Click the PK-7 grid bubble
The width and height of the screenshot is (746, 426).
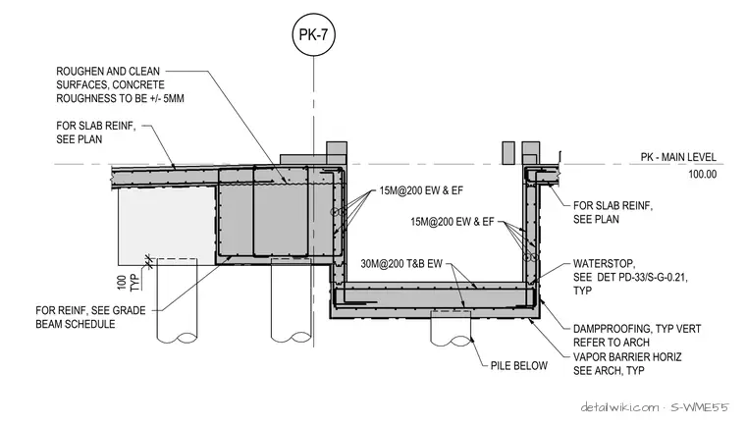[313, 34]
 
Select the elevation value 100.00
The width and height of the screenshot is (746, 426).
[702, 174]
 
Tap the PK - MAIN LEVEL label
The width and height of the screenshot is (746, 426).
[678, 157]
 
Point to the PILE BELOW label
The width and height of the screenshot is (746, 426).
[519, 365]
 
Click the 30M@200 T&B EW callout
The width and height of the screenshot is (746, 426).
[401, 264]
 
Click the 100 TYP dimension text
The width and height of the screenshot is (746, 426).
[128, 283]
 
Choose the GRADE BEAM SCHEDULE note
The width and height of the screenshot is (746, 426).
[90, 317]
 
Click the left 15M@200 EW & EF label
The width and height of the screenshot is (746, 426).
[421, 190]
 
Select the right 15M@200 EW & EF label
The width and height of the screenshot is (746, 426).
[452, 222]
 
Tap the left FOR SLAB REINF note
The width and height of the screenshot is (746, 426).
[95, 133]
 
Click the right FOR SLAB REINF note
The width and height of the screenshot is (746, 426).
[613, 212]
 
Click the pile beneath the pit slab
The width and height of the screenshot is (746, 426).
[451, 328]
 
